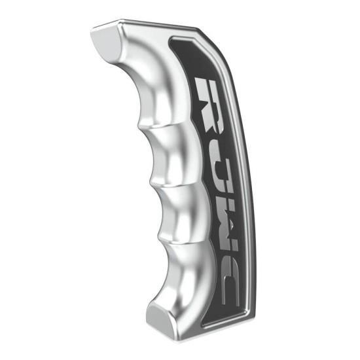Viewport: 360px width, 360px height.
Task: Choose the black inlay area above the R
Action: [196, 62]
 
